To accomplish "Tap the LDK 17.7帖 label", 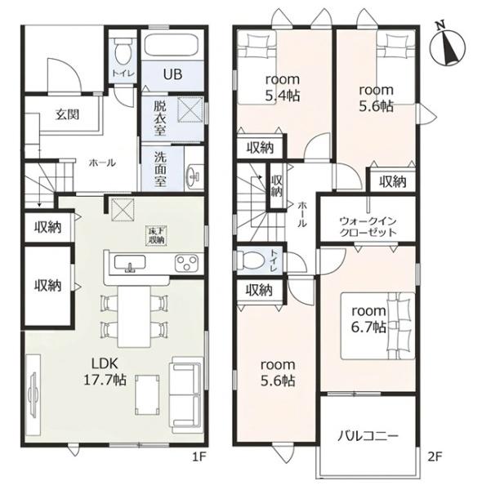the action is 105,372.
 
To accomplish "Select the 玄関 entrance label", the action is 67,114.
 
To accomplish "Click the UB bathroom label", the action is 172,74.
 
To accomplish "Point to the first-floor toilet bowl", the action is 123,51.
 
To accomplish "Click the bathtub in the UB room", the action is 172,45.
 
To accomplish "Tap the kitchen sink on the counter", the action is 130,263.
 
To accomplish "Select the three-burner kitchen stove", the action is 186,262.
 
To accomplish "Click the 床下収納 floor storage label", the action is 157,236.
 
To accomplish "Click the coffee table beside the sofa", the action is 147,394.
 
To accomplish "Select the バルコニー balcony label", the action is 368,436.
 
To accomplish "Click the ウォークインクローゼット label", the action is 368,227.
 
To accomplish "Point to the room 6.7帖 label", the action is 368,319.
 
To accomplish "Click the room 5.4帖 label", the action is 283,87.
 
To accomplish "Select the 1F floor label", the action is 199,457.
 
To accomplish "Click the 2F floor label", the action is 435,457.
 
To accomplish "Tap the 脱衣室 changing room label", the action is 160,118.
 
